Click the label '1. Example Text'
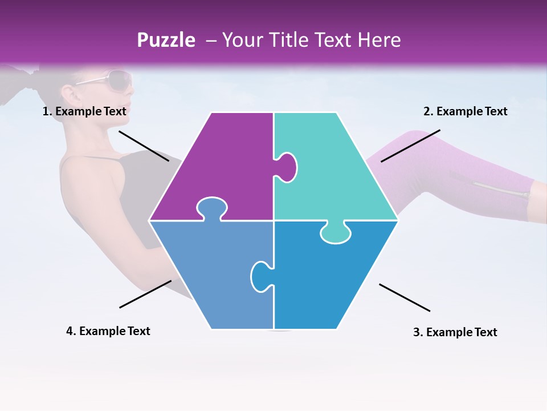(x=84, y=112)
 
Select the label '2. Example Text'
(x=465, y=112)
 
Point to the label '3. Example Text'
(x=455, y=332)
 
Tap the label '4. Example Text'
(x=108, y=331)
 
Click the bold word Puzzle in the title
(x=166, y=40)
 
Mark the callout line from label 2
(x=410, y=146)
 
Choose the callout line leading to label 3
(x=405, y=297)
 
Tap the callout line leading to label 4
(x=145, y=294)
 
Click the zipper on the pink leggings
(x=501, y=190)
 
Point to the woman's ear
(x=68, y=92)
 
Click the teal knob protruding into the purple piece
(x=287, y=167)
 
